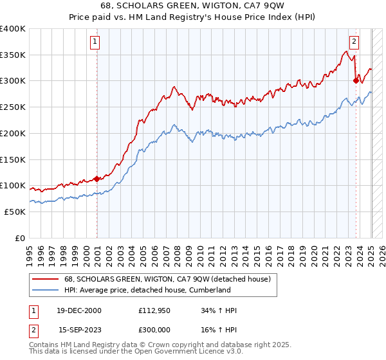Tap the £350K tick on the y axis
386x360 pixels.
(x=13, y=55)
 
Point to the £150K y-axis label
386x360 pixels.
(x=13, y=159)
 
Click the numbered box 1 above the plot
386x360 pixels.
(x=94, y=42)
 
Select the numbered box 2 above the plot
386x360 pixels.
(x=354, y=42)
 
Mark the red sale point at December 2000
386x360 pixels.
(x=96, y=179)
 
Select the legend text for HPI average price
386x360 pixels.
(x=147, y=290)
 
